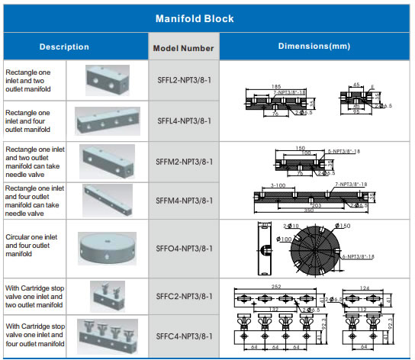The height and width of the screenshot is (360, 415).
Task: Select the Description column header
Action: pos(64,47)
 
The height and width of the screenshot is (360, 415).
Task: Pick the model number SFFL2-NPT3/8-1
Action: pos(184,80)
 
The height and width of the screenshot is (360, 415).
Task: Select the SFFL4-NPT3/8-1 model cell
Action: pos(184,121)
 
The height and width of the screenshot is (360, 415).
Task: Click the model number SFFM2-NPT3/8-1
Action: pos(184,162)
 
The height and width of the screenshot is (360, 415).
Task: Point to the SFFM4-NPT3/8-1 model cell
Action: pos(184,200)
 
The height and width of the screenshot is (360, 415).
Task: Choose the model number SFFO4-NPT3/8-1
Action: pos(184,248)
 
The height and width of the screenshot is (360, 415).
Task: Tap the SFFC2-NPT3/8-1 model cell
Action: pos(184,297)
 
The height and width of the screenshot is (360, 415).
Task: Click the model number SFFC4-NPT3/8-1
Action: pos(184,336)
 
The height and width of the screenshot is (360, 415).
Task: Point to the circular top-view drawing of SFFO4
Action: pos(315,248)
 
